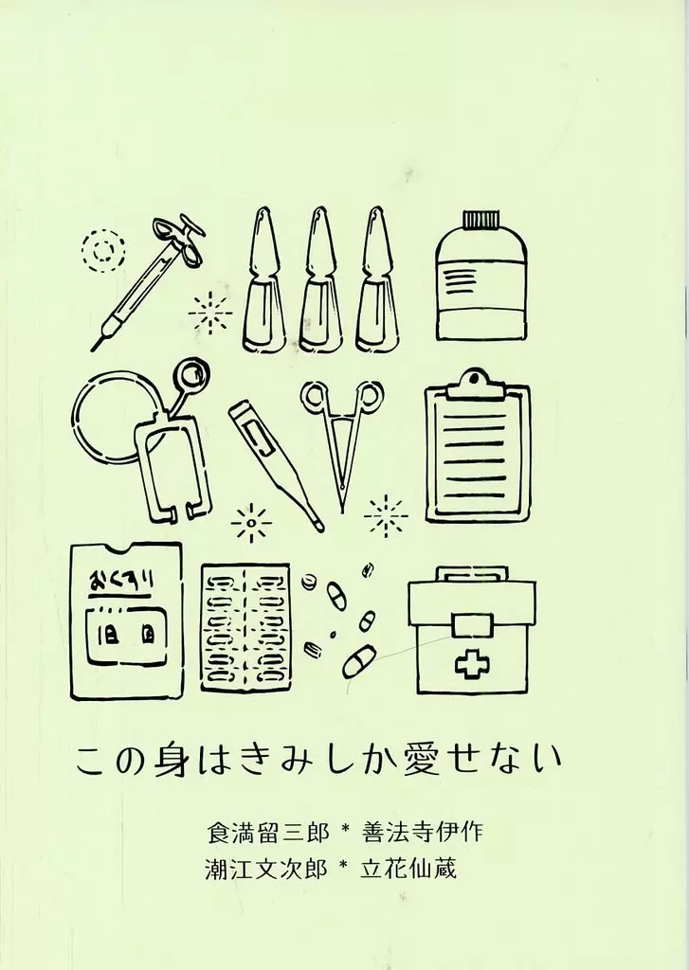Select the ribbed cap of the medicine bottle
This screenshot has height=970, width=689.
[481, 220]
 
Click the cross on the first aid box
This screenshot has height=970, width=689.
[472, 665]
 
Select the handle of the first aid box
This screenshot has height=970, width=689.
[472, 575]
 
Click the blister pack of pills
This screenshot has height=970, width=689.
[245, 627]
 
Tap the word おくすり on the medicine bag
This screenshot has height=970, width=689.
[122, 582]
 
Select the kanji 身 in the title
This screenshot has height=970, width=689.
[170, 759]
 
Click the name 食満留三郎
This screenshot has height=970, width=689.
[268, 832]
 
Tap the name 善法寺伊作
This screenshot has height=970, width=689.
[422, 832]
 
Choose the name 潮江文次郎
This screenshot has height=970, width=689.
[266, 869]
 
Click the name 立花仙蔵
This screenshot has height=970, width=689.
[408, 869]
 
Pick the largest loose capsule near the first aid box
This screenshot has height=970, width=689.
[359, 660]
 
